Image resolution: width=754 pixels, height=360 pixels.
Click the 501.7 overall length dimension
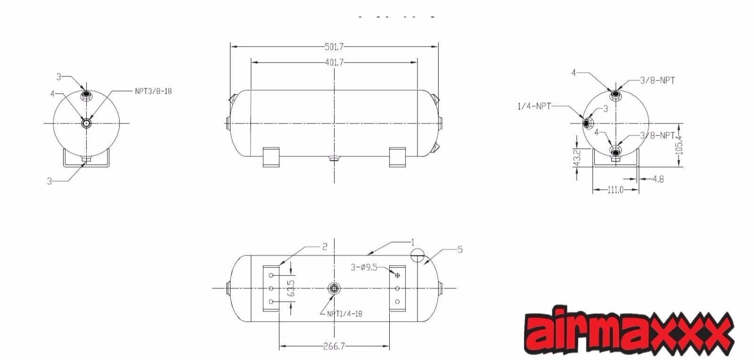[334, 46]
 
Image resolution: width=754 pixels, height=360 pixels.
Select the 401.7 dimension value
[334, 62]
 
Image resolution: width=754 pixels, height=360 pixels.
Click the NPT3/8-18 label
[153, 91]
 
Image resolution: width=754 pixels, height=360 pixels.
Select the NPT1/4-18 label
[344, 314]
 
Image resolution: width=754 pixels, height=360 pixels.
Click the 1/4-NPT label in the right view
[534, 106]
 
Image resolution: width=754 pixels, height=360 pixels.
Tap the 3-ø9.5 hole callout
[364, 267]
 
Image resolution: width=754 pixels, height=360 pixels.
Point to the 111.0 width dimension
[615, 190]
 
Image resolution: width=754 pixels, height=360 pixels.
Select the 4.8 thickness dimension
[658, 179]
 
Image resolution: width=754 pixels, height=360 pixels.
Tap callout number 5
[460, 250]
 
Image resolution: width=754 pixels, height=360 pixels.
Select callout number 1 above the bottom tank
[412, 243]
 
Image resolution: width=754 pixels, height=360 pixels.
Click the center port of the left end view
[87, 123]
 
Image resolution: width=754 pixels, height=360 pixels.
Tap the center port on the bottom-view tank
[334, 288]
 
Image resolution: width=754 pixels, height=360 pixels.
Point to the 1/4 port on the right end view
[587, 123]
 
